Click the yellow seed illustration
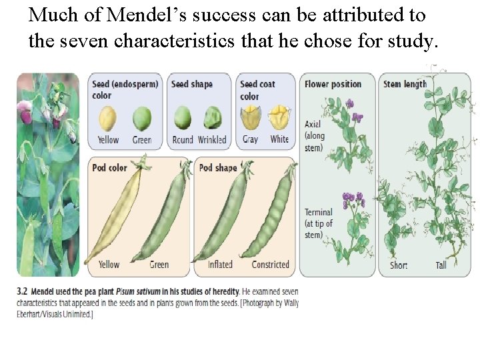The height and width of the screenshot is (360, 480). point(107,119)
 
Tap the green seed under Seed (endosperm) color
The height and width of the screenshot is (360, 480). point(141,119)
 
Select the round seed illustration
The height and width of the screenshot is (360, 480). point(182,118)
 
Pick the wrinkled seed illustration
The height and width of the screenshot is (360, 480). point(213,118)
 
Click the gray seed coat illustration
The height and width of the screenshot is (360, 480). point(251,118)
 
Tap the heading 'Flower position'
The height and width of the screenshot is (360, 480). point(333,84)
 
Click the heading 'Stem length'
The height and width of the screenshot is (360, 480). point(405,84)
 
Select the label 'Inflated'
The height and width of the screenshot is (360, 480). point(220,265)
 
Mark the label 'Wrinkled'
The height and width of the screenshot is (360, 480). point(212,140)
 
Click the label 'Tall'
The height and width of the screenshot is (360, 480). point(441,265)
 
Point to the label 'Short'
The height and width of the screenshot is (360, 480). point(399,265)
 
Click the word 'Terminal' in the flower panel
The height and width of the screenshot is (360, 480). point(319,213)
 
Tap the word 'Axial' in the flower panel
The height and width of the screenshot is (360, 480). point(313,125)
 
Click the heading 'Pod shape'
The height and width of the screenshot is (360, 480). point(218,168)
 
